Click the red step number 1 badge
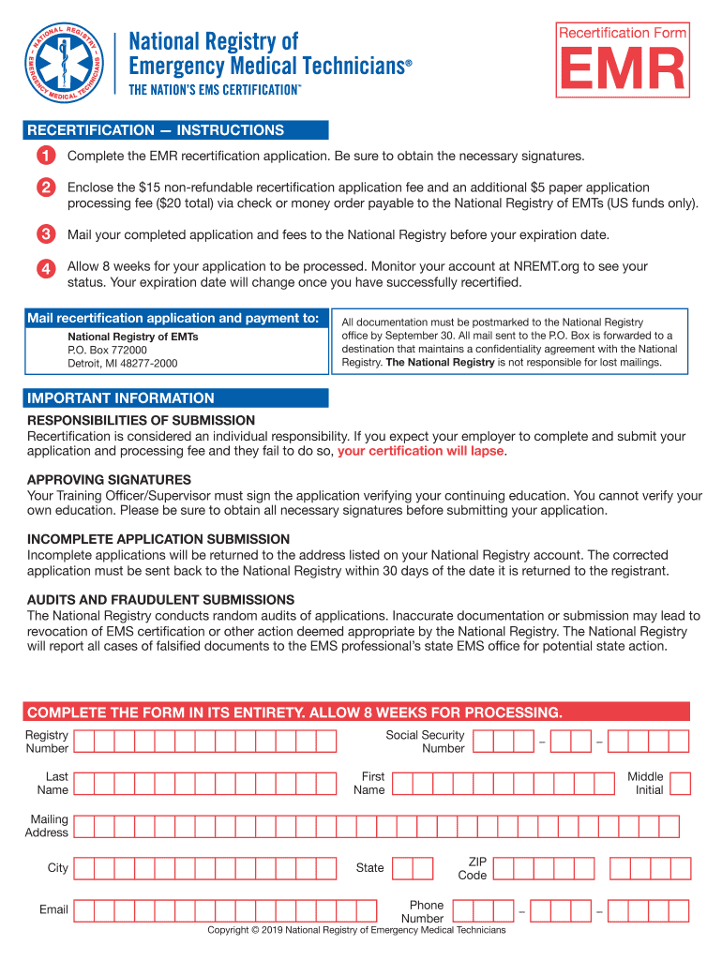(45, 156)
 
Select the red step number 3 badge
(45, 234)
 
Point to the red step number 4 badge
(45, 267)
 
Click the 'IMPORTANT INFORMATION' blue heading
(121, 398)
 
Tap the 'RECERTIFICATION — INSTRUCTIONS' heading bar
(156, 130)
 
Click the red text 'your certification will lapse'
(421, 451)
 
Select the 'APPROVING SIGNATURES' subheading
(110, 479)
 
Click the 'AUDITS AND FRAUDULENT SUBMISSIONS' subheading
(160, 599)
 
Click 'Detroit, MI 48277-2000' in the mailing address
(122, 364)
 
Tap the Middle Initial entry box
(681, 783)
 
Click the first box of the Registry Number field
(83, 742)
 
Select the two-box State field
(413, 868)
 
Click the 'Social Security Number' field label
(425, 742)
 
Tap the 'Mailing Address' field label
(47, 826)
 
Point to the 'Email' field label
(53, 909)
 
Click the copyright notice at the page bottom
(356, 930)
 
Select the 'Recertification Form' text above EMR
(623, 33)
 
